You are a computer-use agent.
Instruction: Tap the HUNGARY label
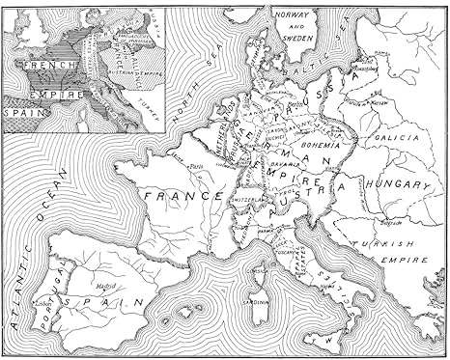point(395,183)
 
